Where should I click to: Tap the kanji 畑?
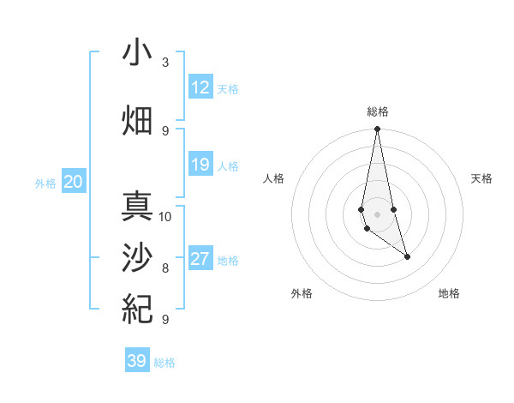[x=137, y=119]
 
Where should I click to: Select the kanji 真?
[x=137, y=208]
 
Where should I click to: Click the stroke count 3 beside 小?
[x=165, y=63]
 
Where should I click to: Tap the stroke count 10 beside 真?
[x=165, y=216]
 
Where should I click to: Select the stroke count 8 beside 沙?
[x=165, y=268]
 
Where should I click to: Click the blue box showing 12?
[x=200, y=87]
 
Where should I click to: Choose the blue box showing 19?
[x=200, y=165]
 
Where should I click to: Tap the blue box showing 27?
[x=200, y=259]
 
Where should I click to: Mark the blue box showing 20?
[x=74, y=182]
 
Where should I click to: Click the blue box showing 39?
[x=137, y=361]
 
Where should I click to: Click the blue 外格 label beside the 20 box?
[x=45, y=183]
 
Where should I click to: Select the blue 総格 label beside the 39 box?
[x=164, y=363]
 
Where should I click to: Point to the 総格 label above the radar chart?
[x=377, y=111]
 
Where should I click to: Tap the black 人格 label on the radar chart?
[x=275, y=178]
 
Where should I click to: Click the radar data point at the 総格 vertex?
[x=377, y=129]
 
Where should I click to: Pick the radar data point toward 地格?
[x=407, y=256]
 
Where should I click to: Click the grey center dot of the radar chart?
[x=377, y=214]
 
